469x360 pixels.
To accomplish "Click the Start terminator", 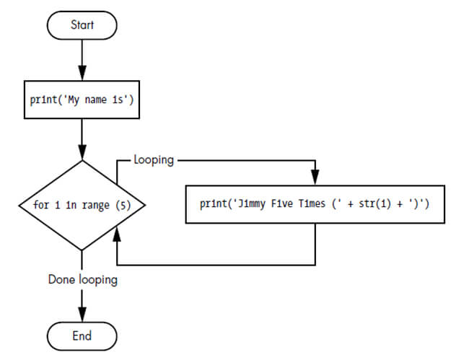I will [x=82, y=25].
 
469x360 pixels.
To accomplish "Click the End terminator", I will [x=82, y=335].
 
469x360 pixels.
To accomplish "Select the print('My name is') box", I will [x=82, y=100].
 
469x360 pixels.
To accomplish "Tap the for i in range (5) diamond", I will [x=82, y=205].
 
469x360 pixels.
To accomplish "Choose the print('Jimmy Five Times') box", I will [x=315, y=205].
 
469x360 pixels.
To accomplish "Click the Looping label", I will [x=154, y=159].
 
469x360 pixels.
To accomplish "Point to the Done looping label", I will [x=82, y=279].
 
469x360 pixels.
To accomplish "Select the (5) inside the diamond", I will [x=124, y=205].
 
